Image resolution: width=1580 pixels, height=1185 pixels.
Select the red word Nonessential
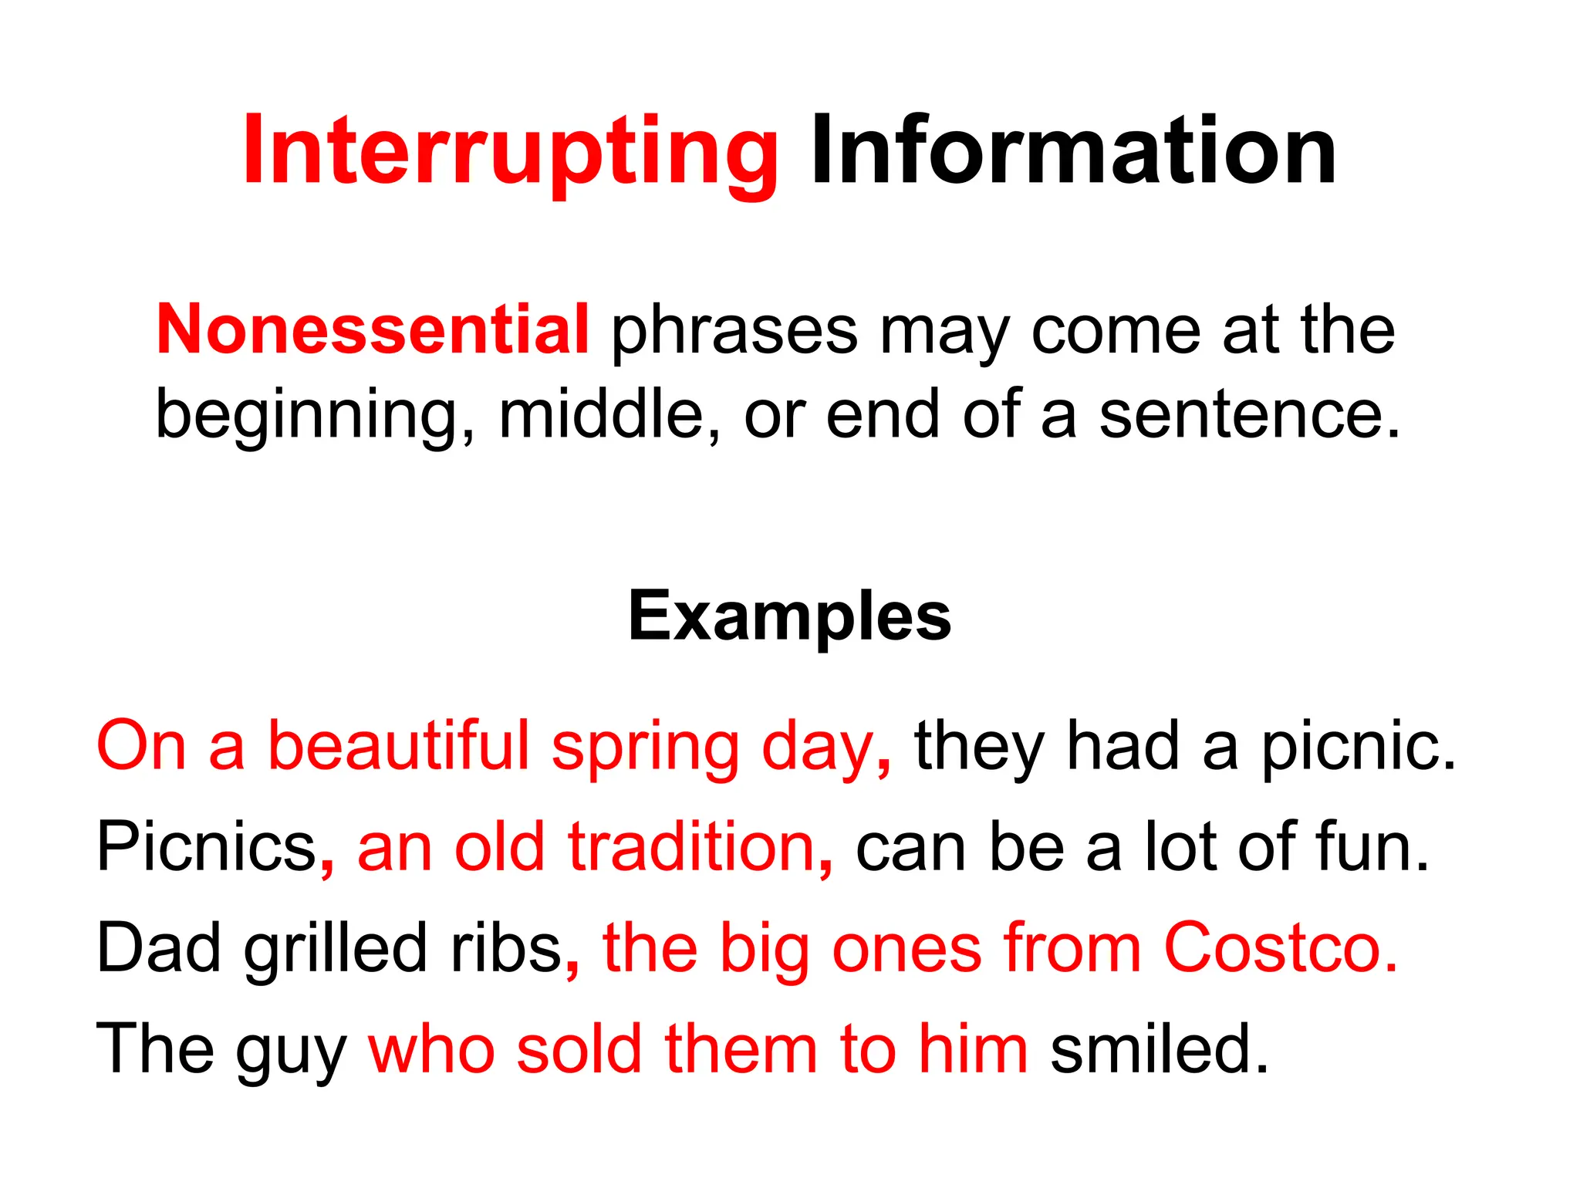point(373,329)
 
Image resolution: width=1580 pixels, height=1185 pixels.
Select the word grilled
point(335,949)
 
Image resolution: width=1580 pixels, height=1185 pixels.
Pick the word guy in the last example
point(291,1051)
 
